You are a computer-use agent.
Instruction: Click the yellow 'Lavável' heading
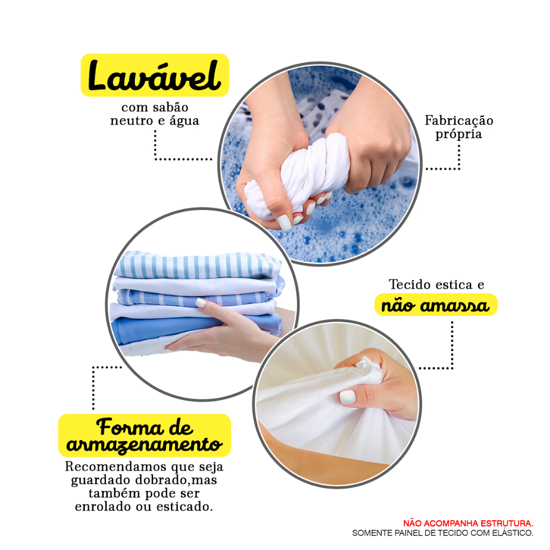coord(155,75)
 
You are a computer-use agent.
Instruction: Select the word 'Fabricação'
coord(459,121)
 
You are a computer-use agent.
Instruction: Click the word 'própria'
coord(459,134)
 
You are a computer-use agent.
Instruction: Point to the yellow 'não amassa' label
coord(436,305)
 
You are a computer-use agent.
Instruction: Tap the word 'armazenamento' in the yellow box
coord(144,445)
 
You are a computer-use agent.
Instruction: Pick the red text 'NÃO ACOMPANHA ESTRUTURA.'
coord(468,523)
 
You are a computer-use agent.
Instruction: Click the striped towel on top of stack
coord(198,265)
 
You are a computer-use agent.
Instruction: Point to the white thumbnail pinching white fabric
coord(348,397)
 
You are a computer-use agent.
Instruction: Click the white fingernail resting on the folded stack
coord(200,303)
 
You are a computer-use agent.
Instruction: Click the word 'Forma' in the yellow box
coord(130,427)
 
